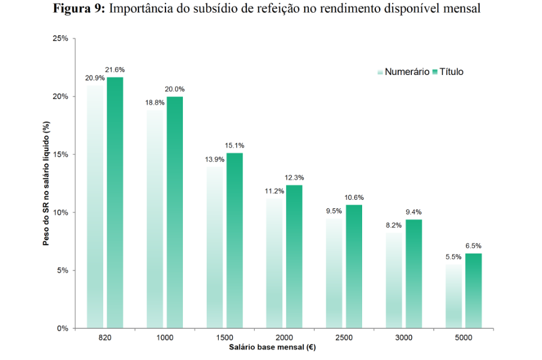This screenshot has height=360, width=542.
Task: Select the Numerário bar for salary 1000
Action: coord(155,219)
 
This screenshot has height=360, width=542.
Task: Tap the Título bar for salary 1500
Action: coord(234,240)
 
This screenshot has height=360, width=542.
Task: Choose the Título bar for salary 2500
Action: coord(354,266)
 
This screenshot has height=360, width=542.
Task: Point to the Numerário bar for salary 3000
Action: coord(393,280)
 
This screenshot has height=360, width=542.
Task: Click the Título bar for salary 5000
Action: coord(473,290)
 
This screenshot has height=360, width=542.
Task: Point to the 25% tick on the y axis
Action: coord(61,39)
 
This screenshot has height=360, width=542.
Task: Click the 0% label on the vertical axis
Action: coord(62,328)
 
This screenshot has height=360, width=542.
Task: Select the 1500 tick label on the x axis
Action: coord(224,338)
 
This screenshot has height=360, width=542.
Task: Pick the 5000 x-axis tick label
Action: coord(463,338)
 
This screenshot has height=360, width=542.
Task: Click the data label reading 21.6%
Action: coord(115,70)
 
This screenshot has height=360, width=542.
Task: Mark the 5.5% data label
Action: coord(453,257)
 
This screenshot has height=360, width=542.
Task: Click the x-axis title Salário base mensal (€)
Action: coord(272,347)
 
